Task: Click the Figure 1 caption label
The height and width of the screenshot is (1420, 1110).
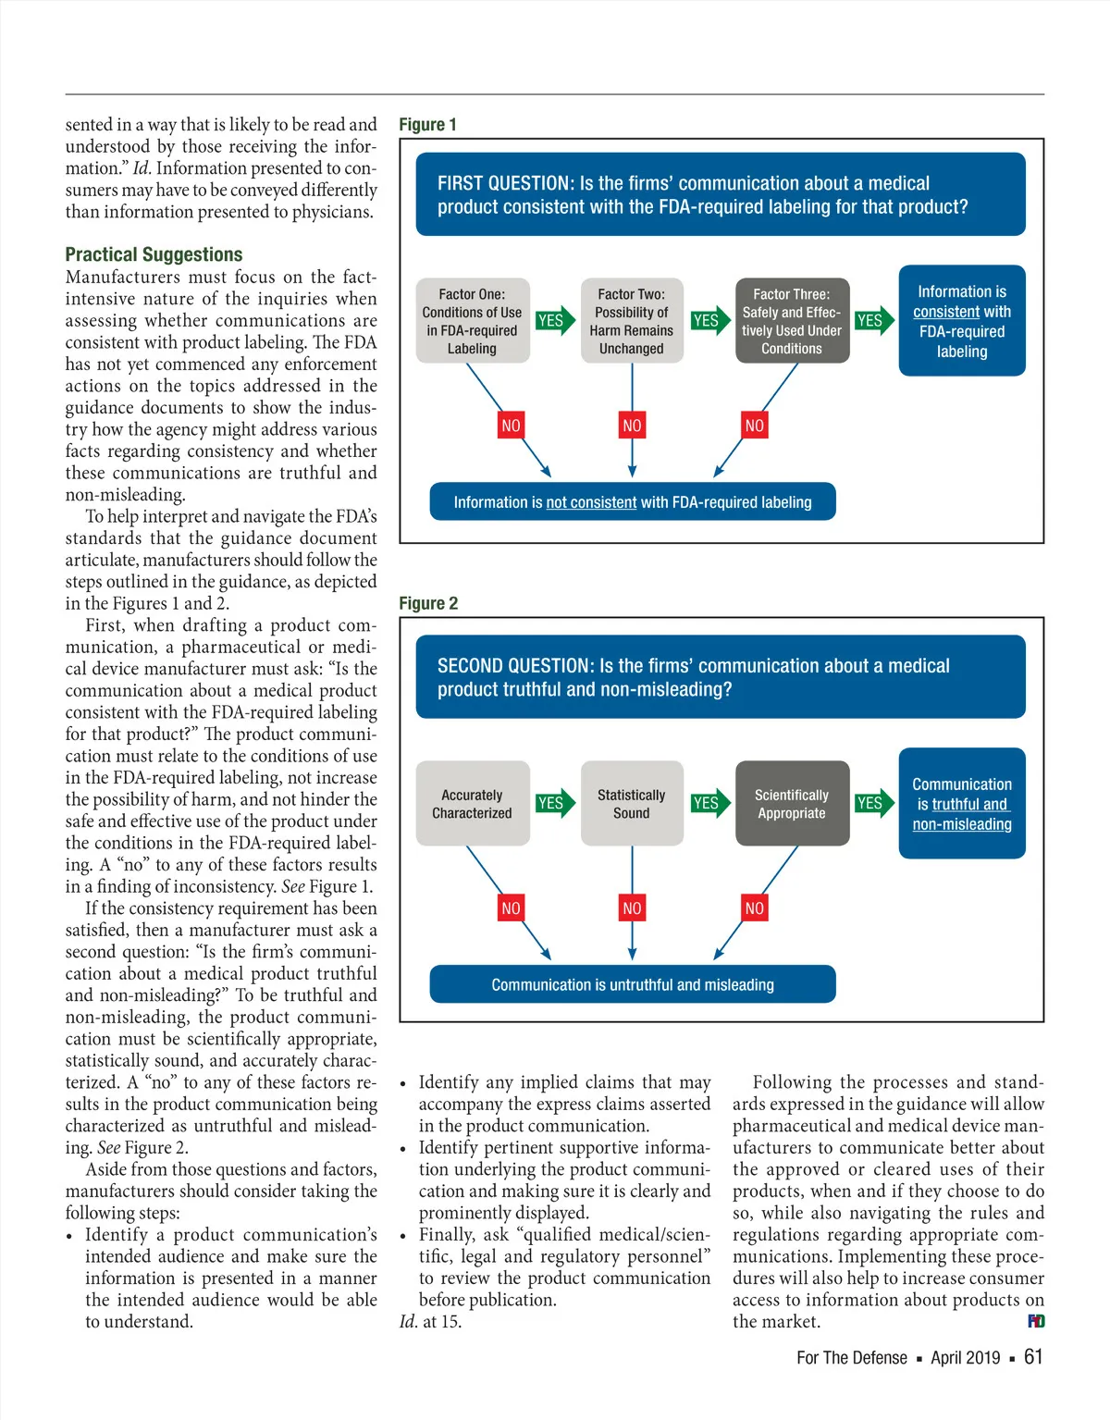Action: point(427,125)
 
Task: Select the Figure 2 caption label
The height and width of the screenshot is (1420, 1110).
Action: point(428,604)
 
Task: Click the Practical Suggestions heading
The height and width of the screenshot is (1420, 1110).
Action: point(154,254)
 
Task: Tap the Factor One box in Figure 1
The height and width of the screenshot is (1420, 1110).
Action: point(472,321)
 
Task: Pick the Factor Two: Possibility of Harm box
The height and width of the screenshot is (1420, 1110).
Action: point(631,321)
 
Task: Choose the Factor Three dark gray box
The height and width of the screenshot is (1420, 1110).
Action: point(791,321)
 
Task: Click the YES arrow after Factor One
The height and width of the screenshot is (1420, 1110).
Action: point(553,321)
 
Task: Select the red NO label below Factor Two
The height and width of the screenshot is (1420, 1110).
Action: point(632,426)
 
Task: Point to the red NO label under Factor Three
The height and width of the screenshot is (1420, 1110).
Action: point(755,426)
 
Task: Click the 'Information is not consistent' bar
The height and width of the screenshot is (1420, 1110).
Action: point(633,502)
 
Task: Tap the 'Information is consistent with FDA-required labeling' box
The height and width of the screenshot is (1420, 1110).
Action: point(962,321)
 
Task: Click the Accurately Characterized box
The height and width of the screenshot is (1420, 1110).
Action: point(472,804)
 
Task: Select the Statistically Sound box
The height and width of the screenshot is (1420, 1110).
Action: point(631,804)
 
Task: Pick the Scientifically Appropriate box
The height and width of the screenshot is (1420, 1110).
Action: point(791,804)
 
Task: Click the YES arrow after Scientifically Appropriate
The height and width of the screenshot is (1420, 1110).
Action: point(872,803)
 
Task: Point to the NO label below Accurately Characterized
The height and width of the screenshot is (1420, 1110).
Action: point(511,908)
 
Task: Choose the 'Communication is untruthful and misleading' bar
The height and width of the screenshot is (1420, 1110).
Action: point(633,985)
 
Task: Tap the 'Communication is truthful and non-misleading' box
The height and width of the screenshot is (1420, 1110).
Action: point(962,804)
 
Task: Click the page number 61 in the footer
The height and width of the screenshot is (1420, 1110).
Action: point(1033,1357)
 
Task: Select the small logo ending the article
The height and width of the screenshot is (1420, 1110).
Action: point(1036,1321)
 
